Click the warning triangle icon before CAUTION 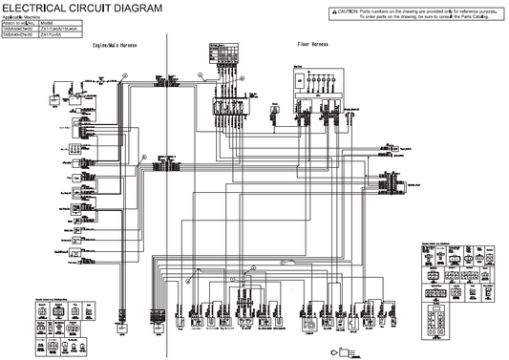click(x=333, y=10)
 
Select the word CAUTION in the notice click(x=347, y=10)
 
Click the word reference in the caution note click(x=464, y=10)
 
